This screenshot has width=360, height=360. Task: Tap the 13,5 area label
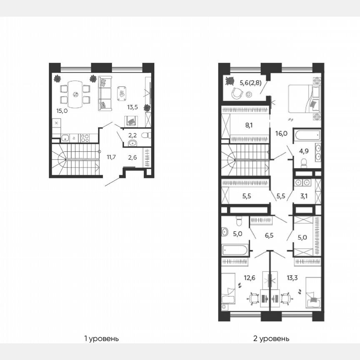click(x=132, y=107)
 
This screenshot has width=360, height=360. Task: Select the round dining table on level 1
click(x=75, y=94)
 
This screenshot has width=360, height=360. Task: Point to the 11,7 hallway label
click(x=111, y=157)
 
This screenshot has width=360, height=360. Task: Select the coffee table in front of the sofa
click(x=121, y=93)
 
